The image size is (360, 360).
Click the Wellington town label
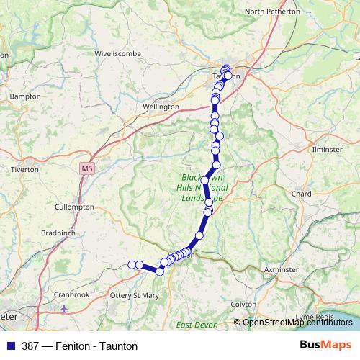tap(161, 107)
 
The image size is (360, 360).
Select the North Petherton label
tap(273, 12)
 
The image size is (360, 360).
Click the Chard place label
tap(302, 194)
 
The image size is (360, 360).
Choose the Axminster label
tap(282, 269)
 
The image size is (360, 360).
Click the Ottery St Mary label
tap(134, 295)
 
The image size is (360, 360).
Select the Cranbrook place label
tap(71, 294)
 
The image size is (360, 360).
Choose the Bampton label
tap(24, 96)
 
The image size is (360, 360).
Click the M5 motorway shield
tap(87, 168)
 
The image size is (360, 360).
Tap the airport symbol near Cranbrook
tap(66, 309)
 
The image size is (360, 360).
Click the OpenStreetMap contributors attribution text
tap(297, 323)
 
